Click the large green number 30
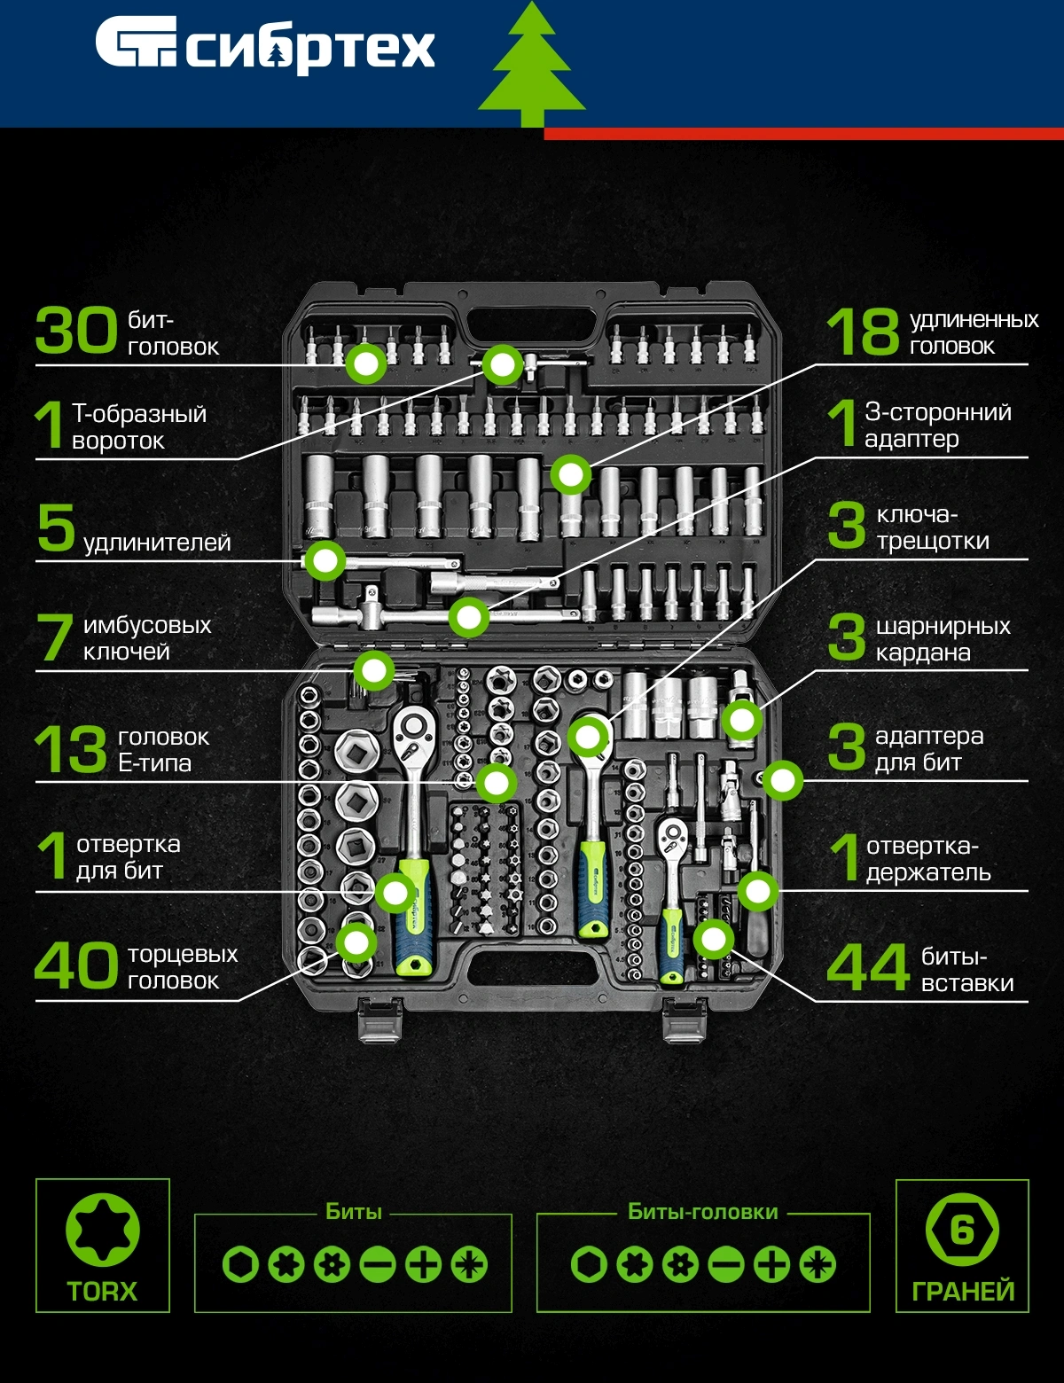tap(76, 330)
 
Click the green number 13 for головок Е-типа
tap(71, 749)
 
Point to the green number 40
tap(76, 965)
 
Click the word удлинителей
tap(157, 543)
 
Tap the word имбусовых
tap(147, 625)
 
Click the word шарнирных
tap(943, 626)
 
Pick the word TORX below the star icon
tap(103, 1292)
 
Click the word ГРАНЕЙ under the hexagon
tap(963, 1292)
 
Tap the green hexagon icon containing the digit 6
tap(962, 1231)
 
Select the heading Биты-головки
tap(703, 1211)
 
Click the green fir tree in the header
tap(532, 64)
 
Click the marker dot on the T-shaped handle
tap(502, 364)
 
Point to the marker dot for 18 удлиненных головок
tap(571, 475)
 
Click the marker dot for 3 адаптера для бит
tap(783, 780)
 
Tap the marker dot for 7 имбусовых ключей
tap(374, 670)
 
